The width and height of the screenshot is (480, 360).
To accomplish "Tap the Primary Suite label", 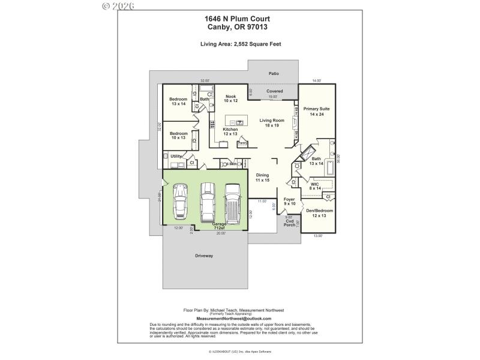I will click(x=316, y=112).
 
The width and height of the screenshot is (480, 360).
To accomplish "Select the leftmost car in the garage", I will click(x=179, y=202).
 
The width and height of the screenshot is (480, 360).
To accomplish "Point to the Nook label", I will click(x=231, y=98).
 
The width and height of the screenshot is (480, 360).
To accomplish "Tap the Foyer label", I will click(x=289, y=202).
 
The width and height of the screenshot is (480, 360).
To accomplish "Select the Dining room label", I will click(x=262, y=177).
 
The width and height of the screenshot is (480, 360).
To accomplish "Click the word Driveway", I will click(x=204, y=256).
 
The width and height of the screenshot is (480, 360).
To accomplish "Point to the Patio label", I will click(x=274, y=74).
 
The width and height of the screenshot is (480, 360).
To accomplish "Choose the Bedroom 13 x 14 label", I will click(x=178, y=101).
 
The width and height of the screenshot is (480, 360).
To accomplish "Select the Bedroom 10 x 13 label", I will click(x=178, y=136).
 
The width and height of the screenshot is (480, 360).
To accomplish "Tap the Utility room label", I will click(x=176, y=156).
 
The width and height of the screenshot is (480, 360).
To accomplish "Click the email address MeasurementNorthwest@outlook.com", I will click(x=234, y=319).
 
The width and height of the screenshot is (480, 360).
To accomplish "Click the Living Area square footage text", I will click(x=240, y=44).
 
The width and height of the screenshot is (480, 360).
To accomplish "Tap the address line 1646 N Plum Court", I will click(x=240, y=19).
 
